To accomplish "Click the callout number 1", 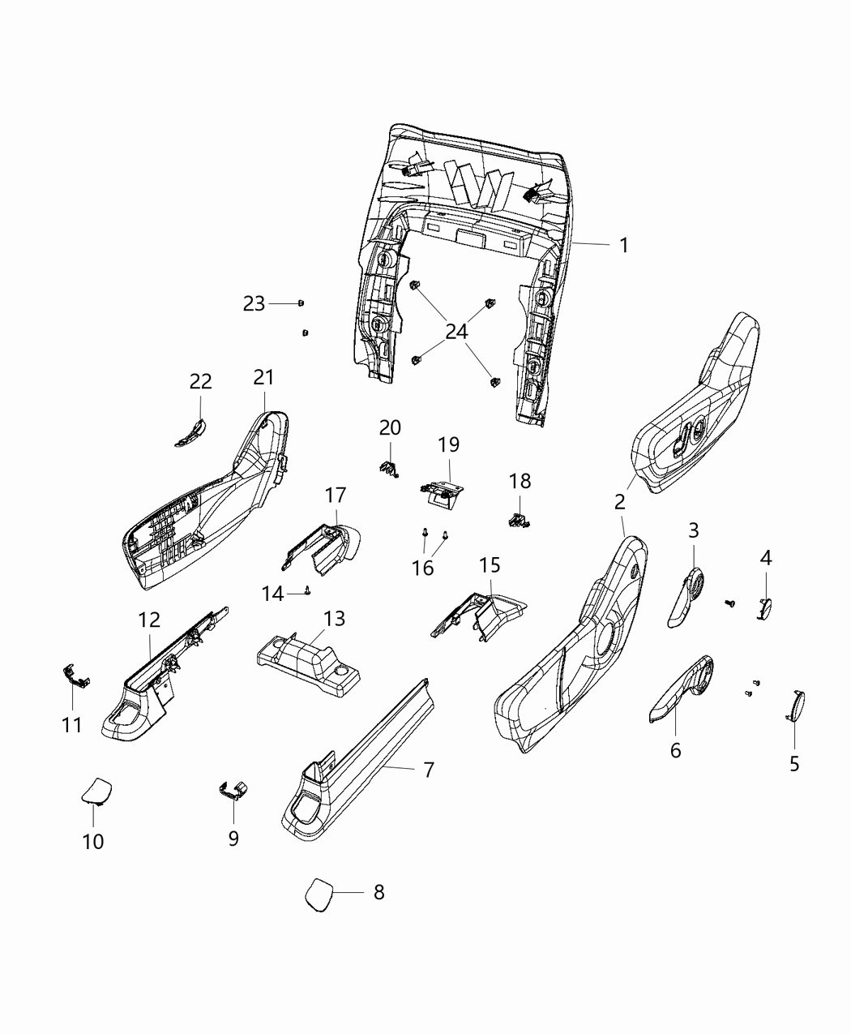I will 623,245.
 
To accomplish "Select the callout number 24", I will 456,331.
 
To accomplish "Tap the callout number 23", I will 254,303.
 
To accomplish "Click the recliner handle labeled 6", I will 682,689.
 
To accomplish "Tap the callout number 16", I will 422,567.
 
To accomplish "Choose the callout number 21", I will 263,377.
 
